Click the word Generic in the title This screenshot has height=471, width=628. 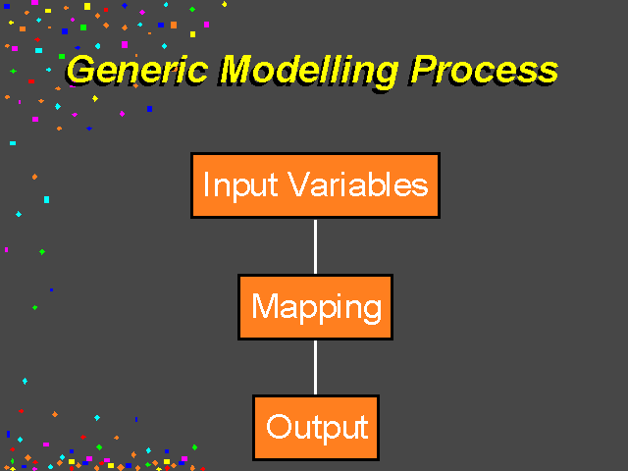(x=137, y=71)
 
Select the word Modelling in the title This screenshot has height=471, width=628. (x=309, y=73)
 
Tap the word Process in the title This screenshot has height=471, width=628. (x=484, y=71)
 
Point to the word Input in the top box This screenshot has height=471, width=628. (x=240, y=186)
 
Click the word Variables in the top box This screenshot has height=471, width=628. (x=359, y=184)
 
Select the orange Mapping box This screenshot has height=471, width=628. (x=315, y=307)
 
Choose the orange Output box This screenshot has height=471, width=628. (x=316, y=428)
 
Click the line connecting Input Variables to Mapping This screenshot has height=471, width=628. (x=315, y=246)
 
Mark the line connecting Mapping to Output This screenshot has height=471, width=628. (x=315, y=368)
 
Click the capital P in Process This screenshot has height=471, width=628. (x=424, y=71)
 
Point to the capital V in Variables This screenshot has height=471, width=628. (x=299, y=184)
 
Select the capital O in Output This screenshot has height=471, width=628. (x=279, y=427)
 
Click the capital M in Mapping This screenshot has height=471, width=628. (x=265, y=305)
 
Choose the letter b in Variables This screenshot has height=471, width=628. (x=379, y=184)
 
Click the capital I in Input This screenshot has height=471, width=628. (x=206, y=184)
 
